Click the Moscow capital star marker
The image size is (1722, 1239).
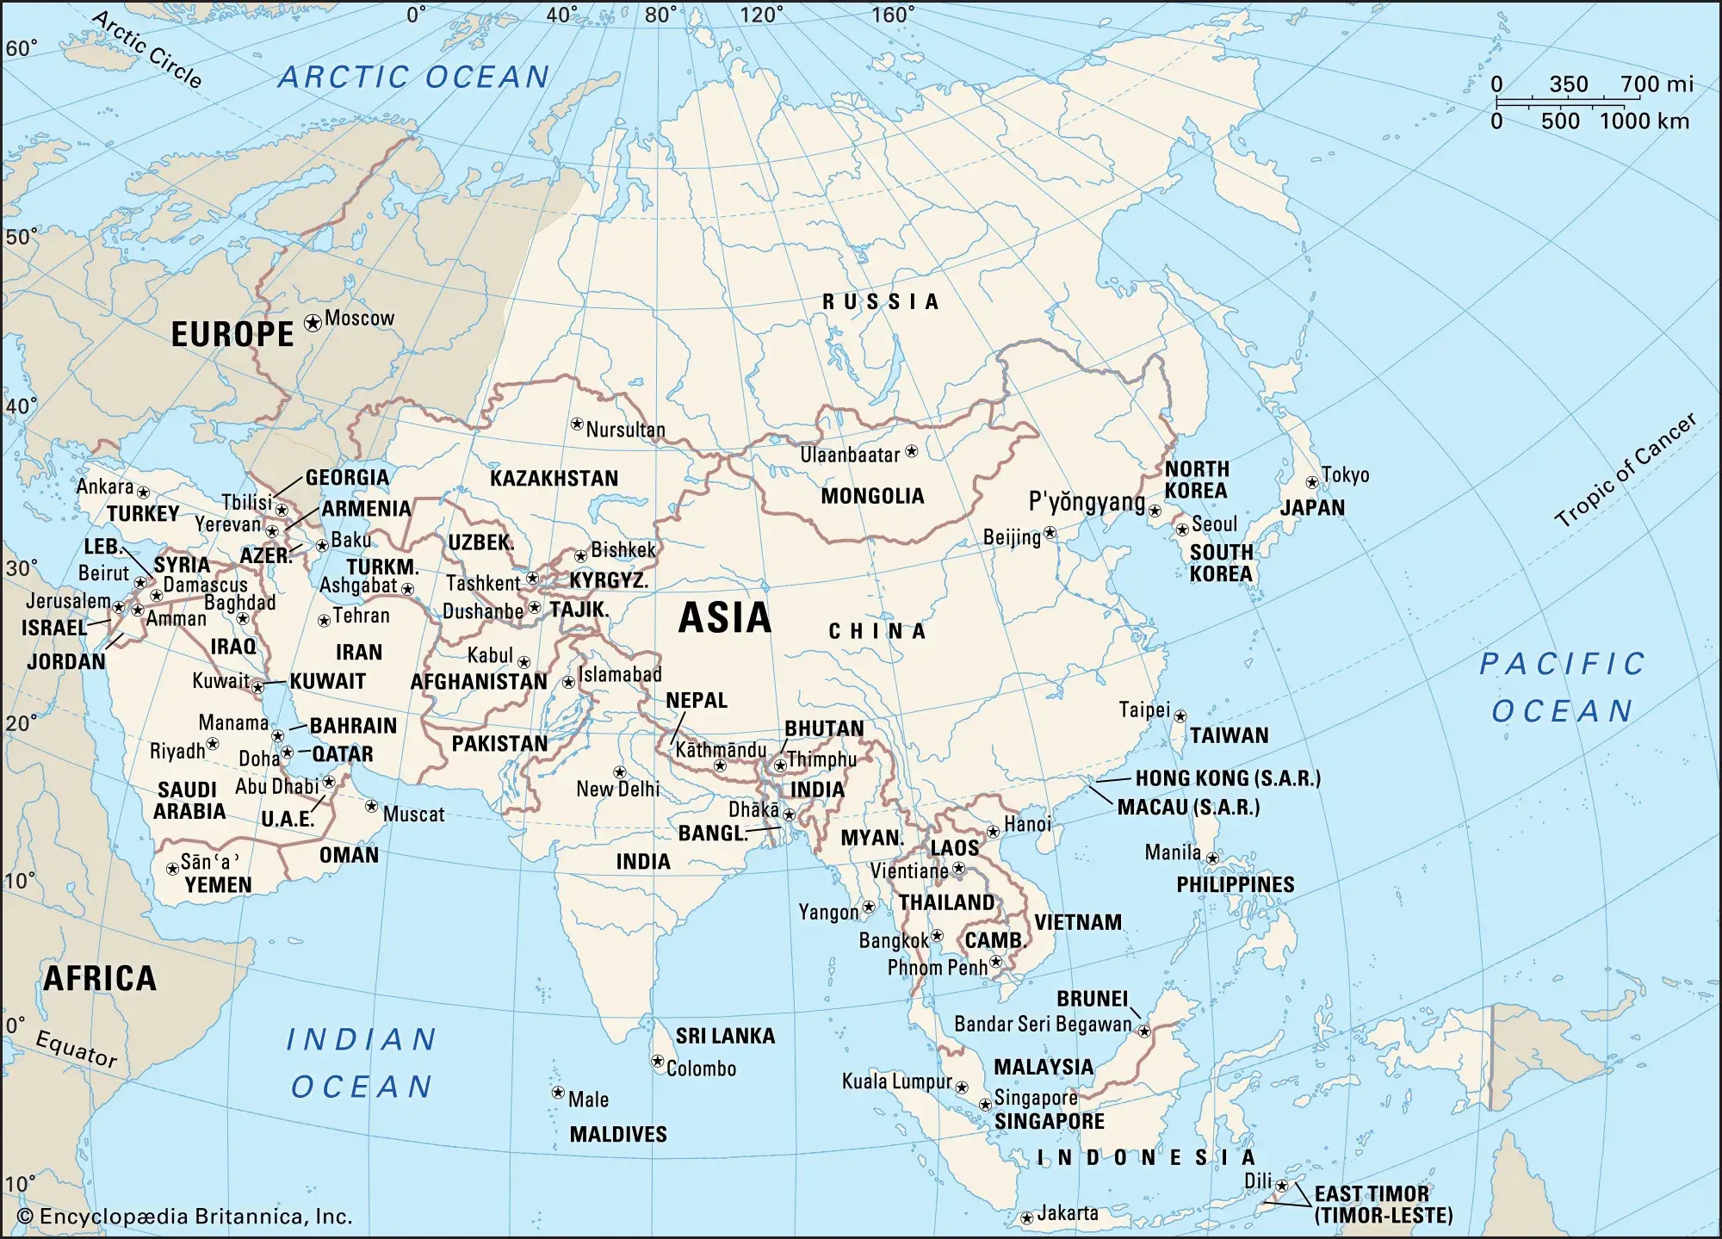pyautogui.click(x=313, y=322)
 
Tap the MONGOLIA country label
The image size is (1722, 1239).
pyautogui.click(x=872, y=496)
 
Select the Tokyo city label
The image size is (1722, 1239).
pyautogui.click(x=1345, y=475)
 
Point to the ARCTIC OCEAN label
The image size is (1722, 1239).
pyautogui.click(x=413, y=77)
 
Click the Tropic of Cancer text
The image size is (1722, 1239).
pyautogui.click(x=1625, y=470)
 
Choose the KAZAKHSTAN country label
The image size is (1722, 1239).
pyautogui.click(x=554, y=479)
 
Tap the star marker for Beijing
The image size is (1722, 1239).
pyautogui.click(x=1050, y=533)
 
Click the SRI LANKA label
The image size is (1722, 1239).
pyautogui.click(x=725, y=1036)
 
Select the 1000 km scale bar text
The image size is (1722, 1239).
pyautogui.click(x=1644, y=121)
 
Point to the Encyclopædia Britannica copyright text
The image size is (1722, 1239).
pyautogui.click(x=184, y=1217)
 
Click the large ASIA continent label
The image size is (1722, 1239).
pyautogui.click(x=724, y=618)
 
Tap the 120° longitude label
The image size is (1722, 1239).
pyautogui.click(x=762, y=15)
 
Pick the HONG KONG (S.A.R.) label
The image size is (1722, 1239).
pyautogui.click(x=1227, y=778)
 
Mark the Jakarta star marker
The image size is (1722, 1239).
pyautogui.click(x=1026, y=1218)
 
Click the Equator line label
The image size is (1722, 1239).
pyautogui.click(x=76, y=1048)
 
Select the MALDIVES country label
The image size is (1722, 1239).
pyautogui.click(x=618, y=1134)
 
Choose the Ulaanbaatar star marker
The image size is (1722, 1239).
pyautogui.click(x=912, y=451)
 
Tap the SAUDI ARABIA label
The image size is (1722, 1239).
pyautogui.click(x=189, y=801)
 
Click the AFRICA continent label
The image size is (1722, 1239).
pyautogui.click(x=100, y=979)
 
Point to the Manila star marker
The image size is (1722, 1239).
pyautogui.click(x=1212, y=858)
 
